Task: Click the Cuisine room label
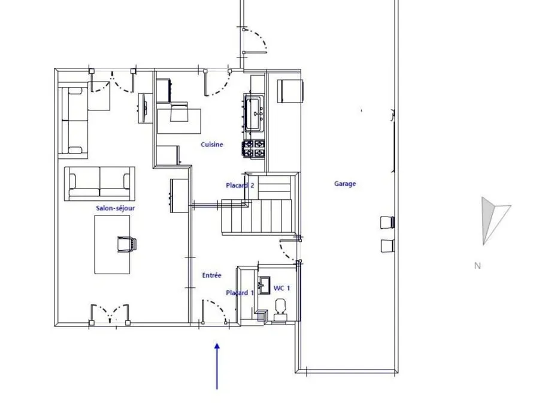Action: [211, 145]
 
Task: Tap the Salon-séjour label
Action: [115, 208]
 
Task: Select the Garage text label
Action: [345, 184]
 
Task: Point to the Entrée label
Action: [211, 275]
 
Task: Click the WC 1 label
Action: [281, 288]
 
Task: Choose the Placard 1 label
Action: [240, 293]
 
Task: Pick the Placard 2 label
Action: [240, 185]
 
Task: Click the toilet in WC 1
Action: [280, 309]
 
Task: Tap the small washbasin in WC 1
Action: [264, 285]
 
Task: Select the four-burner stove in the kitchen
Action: [254, 149]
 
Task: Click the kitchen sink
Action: [255, 113]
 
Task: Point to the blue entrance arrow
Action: [217, 366]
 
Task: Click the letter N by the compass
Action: [477, 266]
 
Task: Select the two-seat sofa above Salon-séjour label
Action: [100, 184]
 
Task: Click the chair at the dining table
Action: [127, 244]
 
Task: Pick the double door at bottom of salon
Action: [110, 313]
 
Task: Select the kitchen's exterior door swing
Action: [217, 82]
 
